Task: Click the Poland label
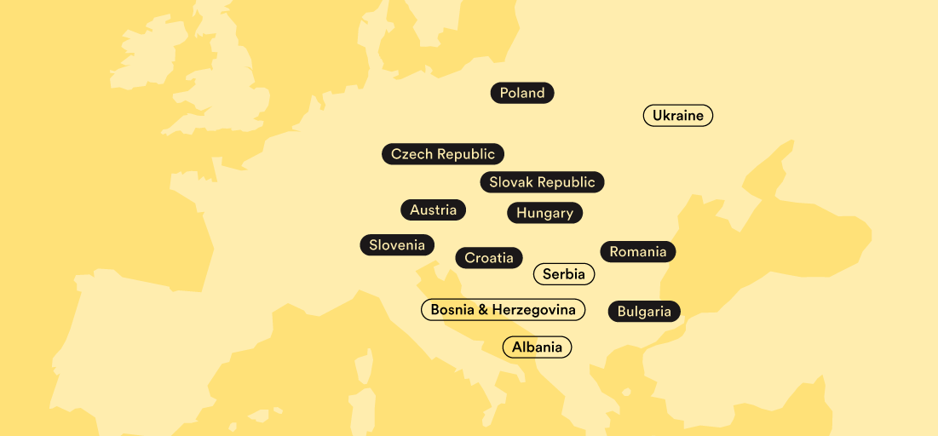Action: pyautogui.click(x=522, y=94)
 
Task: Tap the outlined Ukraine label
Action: pyautogui.click(x=677, y=116)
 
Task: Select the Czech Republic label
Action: pyautogui.click(x=443, y=154)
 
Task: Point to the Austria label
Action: pyautogui.click(x=433, y=210)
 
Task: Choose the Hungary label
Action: pyautogui.click(x=544, y=213)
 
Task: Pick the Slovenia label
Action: pyautogui.click(x=397, y=245)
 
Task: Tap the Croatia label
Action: pyautogui.click(x=489, y=258)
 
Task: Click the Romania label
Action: pyautogui.click(x=638, y=252)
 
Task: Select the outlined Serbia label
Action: pyautogui.click(x=564, y=274)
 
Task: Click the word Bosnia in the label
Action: pyautogui.click(x=452, y=310)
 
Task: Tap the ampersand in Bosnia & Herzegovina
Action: pyautogui.click(x=483, y=310)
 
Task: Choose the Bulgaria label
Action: pyautogui.click(x=644, y=312)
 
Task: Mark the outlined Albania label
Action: pyautogui.click(x=537, y=347)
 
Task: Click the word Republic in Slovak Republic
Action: pyautogui.click(x=567, y=182)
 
